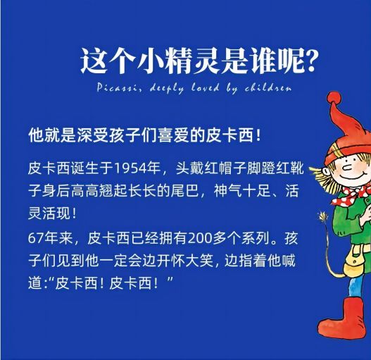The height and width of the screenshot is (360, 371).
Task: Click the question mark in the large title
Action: click(308, 61)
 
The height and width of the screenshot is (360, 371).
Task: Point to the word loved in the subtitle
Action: click(206, 87)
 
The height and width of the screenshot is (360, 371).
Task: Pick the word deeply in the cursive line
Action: click(167, 89)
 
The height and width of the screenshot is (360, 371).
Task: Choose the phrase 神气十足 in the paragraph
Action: click(241, 191)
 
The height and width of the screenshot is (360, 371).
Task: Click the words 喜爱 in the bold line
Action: click(173, 136)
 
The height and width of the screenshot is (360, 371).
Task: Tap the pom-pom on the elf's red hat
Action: click(334, 99)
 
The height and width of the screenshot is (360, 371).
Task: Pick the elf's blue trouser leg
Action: click(356, 287)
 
